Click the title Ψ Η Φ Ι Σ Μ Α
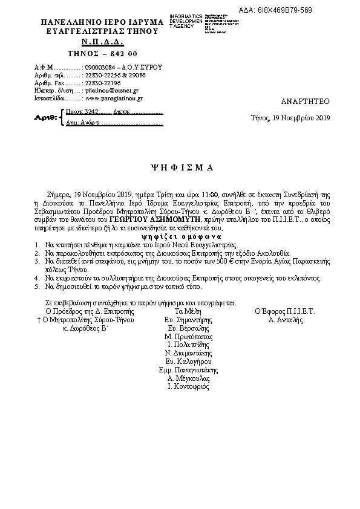coord(180,166)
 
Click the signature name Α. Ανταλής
coord(286,320)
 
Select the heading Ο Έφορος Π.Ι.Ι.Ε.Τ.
coord(286,311)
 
